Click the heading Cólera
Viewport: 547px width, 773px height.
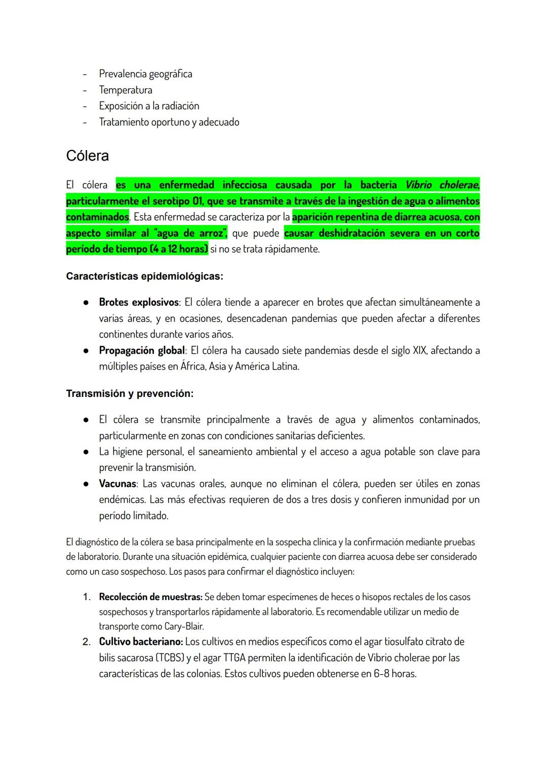pos(87,156)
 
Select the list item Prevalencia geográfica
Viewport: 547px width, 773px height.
pos(145,74)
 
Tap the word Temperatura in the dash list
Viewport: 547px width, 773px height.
pos(125,90)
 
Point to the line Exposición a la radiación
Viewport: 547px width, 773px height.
pos(149,106)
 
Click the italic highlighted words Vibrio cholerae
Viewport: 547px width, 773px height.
pos(442,185)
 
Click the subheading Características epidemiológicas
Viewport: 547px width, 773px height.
pos(144,277)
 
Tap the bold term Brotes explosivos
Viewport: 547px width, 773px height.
pos(139,303)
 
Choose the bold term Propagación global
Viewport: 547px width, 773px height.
pos(142,351)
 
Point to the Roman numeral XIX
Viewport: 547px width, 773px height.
pos(418,351)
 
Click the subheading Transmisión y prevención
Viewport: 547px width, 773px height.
pos(130,394)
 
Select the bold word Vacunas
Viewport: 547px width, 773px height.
pos(118,484)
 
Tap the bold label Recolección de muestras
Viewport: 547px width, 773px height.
pos(150,597)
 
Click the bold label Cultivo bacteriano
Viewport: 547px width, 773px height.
pos(141,642)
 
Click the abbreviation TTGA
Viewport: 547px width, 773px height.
pos(234,658)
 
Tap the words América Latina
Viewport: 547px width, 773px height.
pos(267,366)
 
